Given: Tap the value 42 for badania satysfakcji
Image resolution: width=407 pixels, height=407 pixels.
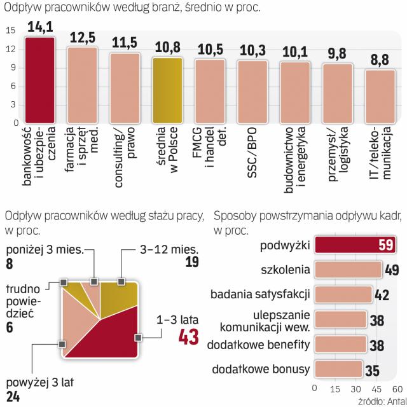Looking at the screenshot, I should pyautogui.click(x=380, y=295).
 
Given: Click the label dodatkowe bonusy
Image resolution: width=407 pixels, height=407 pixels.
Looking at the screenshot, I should pyautogui.click(x=260, y=369).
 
